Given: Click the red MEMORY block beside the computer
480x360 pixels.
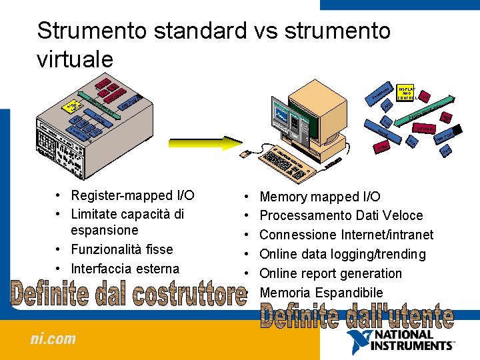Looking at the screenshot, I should [422, 128].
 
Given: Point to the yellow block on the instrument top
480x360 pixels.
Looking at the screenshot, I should [71, 107].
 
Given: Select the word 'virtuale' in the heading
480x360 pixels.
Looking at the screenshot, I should [75, 59].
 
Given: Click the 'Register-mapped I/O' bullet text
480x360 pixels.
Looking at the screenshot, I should [133, 195].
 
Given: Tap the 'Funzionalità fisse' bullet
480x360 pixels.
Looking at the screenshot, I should [121, 249].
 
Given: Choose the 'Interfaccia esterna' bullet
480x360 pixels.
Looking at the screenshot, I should [125, 269].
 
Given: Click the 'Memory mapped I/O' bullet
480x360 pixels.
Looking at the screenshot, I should [320, 197].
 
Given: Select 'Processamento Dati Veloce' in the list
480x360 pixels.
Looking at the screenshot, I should [341, 215].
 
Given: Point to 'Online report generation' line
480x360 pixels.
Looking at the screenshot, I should [331, 273].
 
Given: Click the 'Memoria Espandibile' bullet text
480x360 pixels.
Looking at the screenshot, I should [321, 293].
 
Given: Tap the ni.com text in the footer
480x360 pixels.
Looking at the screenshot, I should [53, 339].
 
